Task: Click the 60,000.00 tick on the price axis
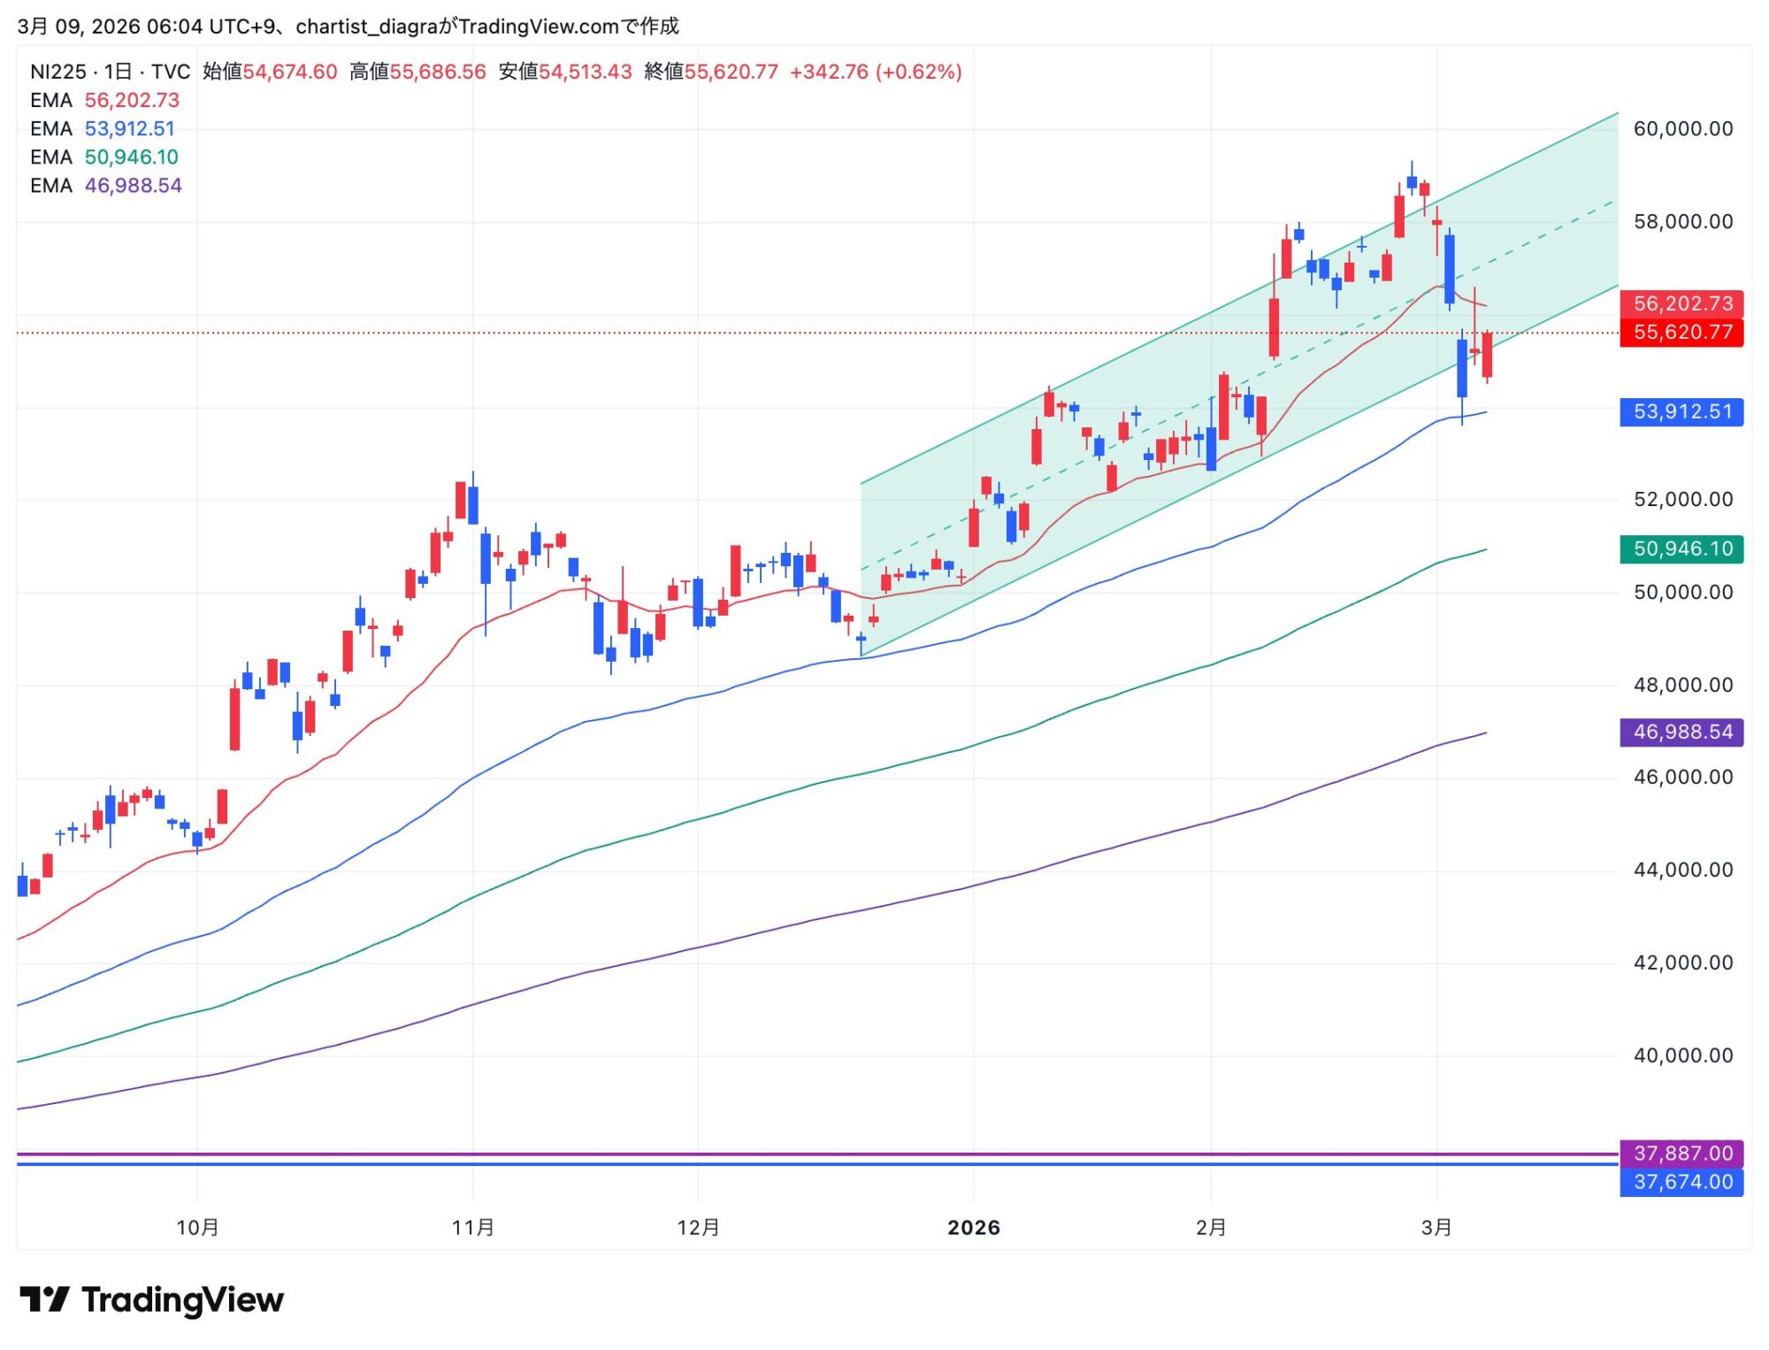(1682, 129)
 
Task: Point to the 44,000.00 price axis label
(1682, 871)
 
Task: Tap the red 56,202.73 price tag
(1681, 304)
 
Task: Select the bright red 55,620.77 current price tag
(1681, 333)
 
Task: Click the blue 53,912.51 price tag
(1681, 412)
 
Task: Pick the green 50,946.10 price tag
(1681, 549)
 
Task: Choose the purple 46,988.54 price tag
(1681, 733)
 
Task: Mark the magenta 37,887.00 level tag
(1681, 1154)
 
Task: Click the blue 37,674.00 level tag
(1681, 1183)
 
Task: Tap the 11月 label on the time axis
(473, 1228)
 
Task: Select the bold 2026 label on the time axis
(974, 1228)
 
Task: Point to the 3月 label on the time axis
(1436, 1228)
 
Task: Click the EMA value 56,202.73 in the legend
(132, 101)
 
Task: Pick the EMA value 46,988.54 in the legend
(133, 186)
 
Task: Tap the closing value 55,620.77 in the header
(731, 72)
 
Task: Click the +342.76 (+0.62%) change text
(876, 72)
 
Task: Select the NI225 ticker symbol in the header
(58, 72)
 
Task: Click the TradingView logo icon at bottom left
(44, 1300)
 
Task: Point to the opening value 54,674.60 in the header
(290, 72)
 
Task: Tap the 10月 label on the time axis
(197, 1228)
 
